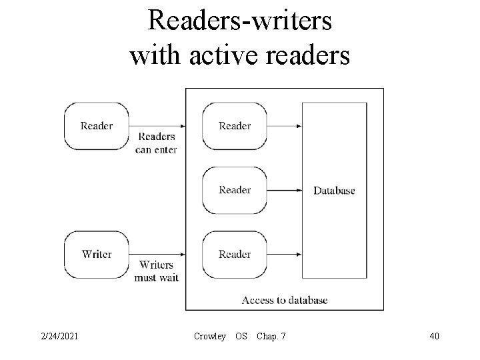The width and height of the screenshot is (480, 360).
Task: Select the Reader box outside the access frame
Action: point(97,126)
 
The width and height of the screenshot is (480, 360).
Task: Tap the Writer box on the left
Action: point(97,254)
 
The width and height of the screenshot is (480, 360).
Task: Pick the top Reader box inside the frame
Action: point(235,126)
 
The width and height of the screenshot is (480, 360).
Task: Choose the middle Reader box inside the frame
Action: point(235,190)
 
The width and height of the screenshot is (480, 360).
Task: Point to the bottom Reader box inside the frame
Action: point(235,254)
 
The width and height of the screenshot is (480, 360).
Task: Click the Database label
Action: point(334,191)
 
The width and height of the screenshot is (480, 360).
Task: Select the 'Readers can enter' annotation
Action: point(156,143)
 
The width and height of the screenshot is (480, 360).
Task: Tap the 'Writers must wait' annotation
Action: point(156,271)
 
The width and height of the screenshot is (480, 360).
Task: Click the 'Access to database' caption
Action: point(285,300)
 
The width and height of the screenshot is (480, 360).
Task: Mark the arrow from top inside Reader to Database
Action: point(284,126)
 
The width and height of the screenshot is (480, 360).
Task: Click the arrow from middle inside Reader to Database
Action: point(284,190)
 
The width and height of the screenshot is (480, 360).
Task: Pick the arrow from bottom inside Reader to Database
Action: point(284,254)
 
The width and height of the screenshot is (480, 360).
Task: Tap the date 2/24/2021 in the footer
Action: point(59,337)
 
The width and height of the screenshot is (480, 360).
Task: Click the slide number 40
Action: point(434,337)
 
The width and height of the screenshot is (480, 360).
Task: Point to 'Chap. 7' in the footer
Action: point(271,337)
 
